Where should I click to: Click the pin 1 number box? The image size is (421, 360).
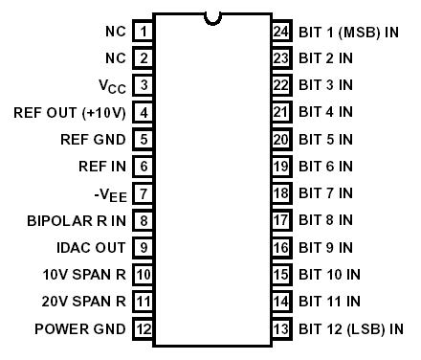[x=143, y=31]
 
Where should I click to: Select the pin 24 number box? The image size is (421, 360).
[x=282, y=31]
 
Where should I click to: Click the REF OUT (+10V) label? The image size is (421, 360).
[x=67, y=112]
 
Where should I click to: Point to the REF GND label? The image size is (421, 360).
[x=93, y=139]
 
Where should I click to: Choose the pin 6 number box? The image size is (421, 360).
[x=143, y=167]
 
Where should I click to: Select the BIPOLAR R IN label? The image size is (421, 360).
[x=76, y=221]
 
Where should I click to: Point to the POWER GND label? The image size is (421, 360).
[x=80, y=329]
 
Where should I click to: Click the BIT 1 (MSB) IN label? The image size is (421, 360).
[x=348, y=31]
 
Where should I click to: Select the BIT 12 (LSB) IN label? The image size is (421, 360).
[x=350, y=329]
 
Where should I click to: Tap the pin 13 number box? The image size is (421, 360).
[x=282, y=329]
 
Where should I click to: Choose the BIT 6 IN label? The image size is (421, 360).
[x=325, y=167]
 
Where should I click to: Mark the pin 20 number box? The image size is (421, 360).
[x=282, y=139]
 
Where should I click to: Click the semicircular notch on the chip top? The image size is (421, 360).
[x=212, y=16]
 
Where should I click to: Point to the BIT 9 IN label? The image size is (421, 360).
[x=325, y=248]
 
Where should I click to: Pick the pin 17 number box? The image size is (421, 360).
[x=282, y=221]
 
